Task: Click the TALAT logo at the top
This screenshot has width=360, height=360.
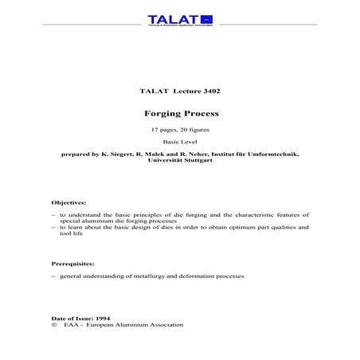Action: coord(180,20)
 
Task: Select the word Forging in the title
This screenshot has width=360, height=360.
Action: coord(158,113)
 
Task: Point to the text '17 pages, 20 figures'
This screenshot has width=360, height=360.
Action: coord(179,128)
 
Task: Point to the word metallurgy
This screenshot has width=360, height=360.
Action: coord(152,276)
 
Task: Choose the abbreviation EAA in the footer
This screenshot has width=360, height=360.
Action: coord(76,325)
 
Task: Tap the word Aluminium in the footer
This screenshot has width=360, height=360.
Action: coord(135,325)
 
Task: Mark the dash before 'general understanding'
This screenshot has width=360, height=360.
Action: coord(53,276)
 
